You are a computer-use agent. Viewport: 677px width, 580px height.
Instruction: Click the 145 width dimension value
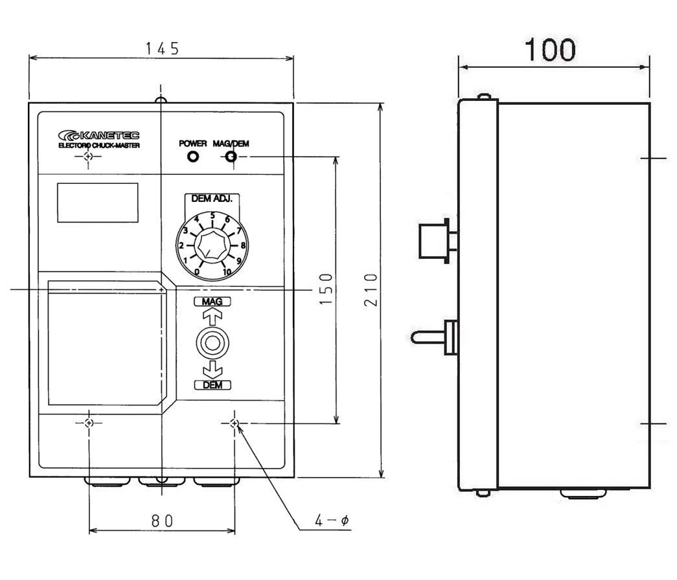click(x=162, y=49)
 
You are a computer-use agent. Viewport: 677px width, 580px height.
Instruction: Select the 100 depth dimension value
click(x=550, y=50)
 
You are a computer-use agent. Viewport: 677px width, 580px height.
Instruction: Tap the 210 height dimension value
click(x=371, y=289)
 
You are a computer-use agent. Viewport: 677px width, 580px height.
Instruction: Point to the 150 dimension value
click(x=327, y=289)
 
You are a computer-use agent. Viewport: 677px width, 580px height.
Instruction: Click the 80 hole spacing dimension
click(x=163, y=521)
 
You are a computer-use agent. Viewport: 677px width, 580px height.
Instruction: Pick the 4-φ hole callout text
click(x=332, y=520)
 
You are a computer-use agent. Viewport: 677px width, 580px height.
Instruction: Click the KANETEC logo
click(x=99, y=135)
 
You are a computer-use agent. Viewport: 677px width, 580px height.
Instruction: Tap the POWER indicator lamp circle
click(x=193, y=156)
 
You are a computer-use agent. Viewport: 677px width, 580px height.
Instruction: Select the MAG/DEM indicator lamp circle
click(x=231, y=156)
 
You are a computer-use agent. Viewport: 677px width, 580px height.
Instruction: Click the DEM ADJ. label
click(x=212, y=199)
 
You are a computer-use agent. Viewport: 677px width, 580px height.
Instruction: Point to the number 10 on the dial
click(x=227, y=272)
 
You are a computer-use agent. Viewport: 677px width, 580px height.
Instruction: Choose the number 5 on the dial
click(x=212, y=216)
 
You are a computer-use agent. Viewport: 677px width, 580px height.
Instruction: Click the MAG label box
click(x=212, y=302)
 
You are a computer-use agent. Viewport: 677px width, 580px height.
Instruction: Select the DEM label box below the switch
click(x=212, y=385)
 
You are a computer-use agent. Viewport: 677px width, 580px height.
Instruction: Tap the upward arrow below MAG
click(x=212, y=318)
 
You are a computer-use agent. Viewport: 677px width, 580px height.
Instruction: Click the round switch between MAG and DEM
click(x=212, y=344)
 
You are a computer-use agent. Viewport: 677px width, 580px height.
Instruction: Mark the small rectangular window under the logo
click(x=98, y=203)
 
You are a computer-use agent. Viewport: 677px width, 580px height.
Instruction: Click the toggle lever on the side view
click(x=428, y=337)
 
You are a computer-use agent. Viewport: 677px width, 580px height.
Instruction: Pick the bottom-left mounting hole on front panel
click(x=89, y=423)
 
